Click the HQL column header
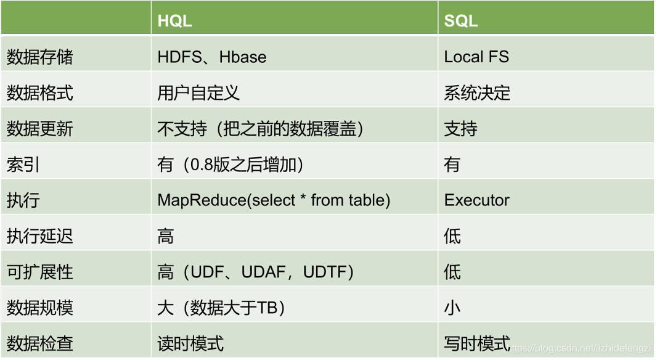[174, 20]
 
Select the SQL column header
[461, 20]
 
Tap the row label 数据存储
[40, 57]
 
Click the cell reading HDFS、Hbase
[212, 57]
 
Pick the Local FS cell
[476, 57]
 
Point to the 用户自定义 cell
[198, 92]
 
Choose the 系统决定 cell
[477, 92]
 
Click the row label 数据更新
[40, 129]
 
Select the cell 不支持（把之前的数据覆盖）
[260, 129]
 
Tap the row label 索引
[23, 165]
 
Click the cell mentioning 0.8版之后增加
[231, 165]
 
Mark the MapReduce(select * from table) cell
[274, 200]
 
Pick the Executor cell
[477, 200]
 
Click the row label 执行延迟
[40, 236]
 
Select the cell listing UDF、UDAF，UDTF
[256, 272]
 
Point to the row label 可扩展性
[40, 272]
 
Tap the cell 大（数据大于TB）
[221, 308]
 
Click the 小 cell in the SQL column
[452, 308]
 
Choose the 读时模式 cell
[190, 343]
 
